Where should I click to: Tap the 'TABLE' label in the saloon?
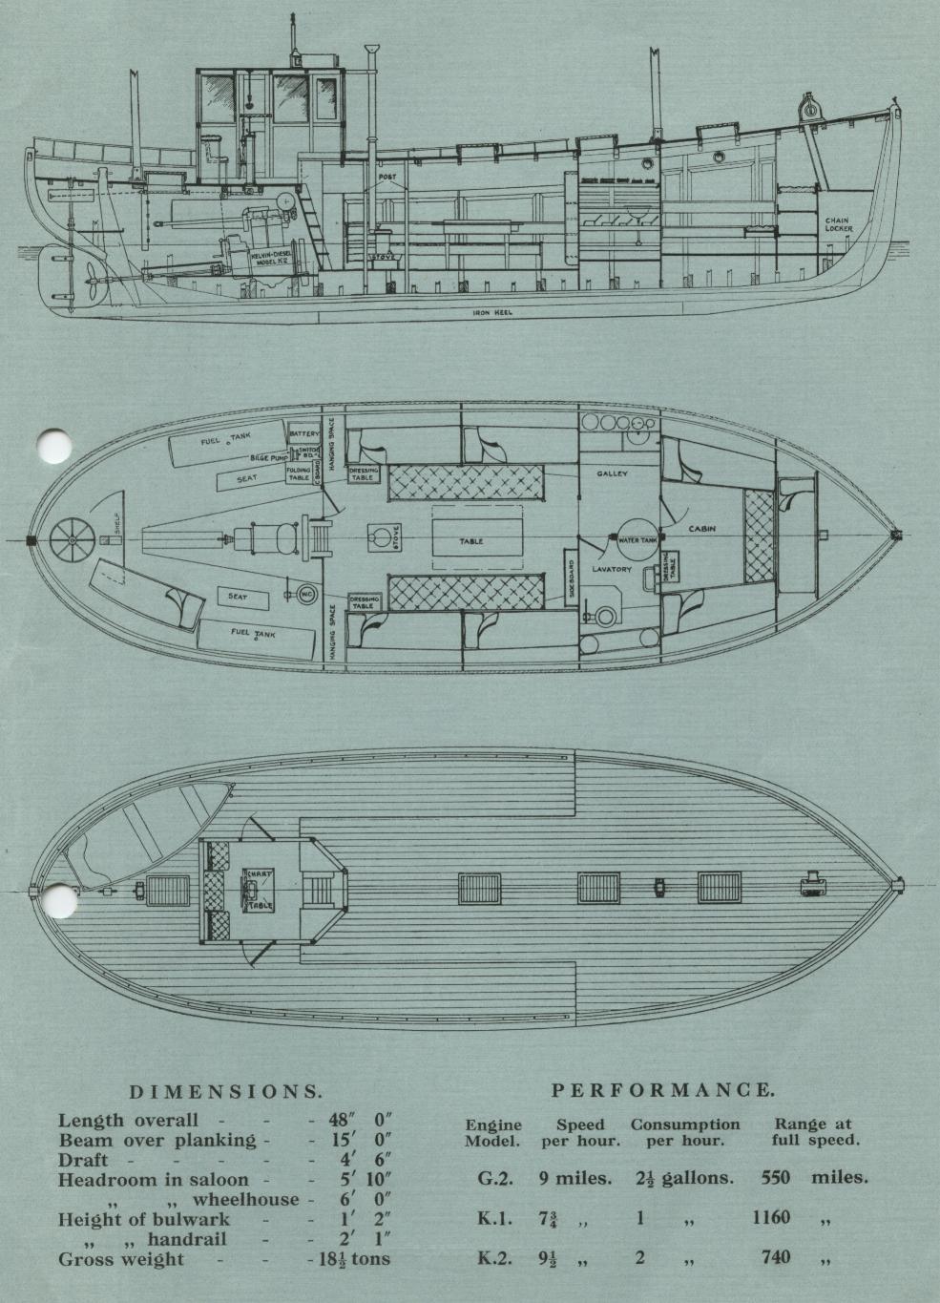(471, 541)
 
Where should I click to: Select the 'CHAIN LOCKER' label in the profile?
(838, 224)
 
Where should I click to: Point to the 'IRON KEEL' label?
(492, 312)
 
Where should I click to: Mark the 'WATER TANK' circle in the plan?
(634, 540)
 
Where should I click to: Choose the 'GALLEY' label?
(612, 474)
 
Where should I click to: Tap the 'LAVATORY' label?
(612, 569)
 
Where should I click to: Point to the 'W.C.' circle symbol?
(307, 594)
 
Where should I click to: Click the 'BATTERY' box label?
(304, 433)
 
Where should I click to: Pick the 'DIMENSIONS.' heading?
(225, 1091)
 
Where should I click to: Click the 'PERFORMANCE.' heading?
(663, 1089)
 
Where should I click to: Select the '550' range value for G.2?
(776, 1177)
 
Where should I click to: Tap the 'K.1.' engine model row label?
(495, 1218)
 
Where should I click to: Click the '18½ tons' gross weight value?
(353, 1258)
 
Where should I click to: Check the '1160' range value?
(770, 1217)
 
